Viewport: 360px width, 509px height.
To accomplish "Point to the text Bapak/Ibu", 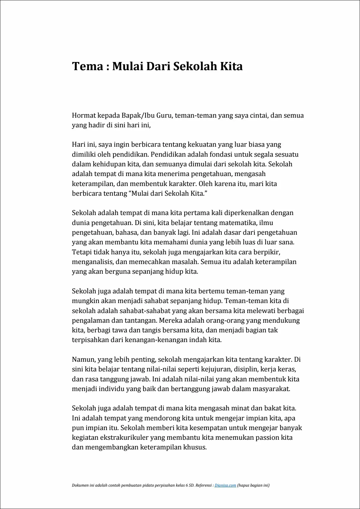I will (x=138, y=115).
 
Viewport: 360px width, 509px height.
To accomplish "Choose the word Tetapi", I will (x=81, y=252).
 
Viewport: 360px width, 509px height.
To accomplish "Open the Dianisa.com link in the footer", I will (x=225, y=485).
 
